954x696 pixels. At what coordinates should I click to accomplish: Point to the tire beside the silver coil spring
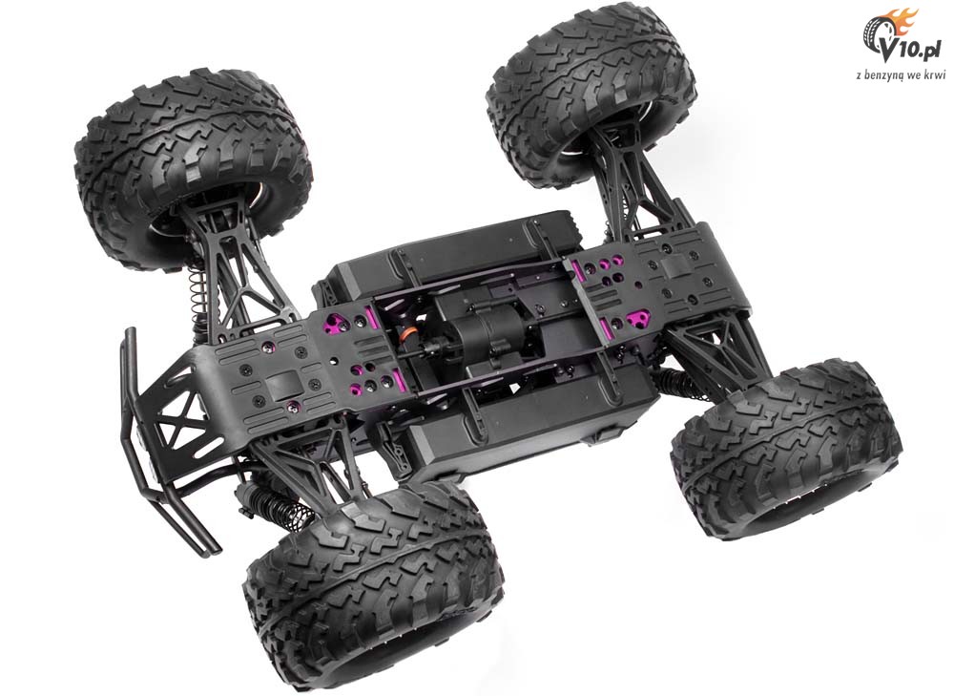[194, 171]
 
